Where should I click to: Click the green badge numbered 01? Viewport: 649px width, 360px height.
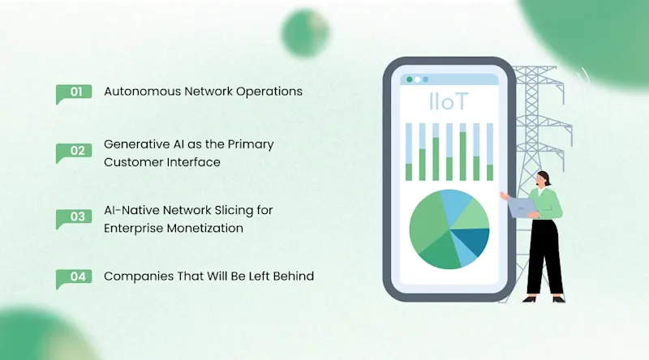point(74,92)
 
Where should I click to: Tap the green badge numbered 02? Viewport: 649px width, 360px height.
point(74,152)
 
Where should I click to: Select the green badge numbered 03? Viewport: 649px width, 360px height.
point(74,217)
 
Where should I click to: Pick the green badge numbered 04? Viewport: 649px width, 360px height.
point(74,277)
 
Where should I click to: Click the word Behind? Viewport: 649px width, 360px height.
point(293,276)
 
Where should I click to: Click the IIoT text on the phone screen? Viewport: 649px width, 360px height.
point(447,102)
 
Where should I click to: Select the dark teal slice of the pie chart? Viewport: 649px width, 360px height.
point(474,240)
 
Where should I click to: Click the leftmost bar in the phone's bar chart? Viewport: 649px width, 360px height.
point(409,152)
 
